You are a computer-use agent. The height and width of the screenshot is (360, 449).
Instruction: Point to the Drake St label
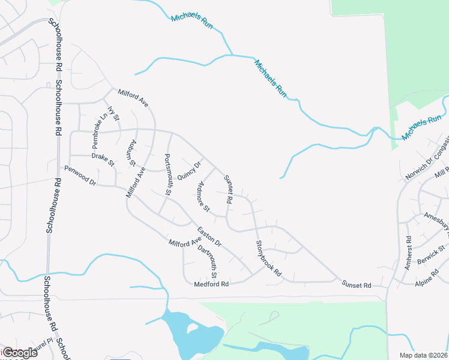[x=103, y=159]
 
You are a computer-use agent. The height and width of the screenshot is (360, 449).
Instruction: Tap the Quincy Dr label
[x=188, y=170]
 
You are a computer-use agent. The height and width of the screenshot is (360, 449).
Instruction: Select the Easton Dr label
[x=209, y=236]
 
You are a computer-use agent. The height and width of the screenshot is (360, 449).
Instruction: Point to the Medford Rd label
[x=212, y=284]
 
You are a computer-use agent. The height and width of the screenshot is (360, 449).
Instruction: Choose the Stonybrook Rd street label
[x=268, y=258]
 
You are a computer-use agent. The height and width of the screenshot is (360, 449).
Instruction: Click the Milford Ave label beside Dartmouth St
[x=185, y=243]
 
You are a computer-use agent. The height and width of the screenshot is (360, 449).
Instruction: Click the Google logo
[x=20, y=353]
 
